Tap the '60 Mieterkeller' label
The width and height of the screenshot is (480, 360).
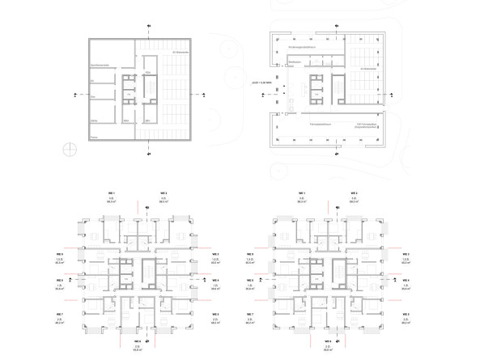(175, 53)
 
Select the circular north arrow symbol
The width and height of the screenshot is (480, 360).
(70, 150)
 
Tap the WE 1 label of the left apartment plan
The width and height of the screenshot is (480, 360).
(113, 192)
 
